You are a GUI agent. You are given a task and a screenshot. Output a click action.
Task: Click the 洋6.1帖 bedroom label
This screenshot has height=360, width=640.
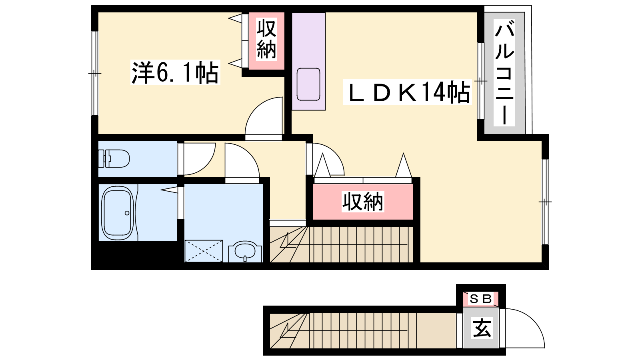pyautogui.click(x=175, y=72)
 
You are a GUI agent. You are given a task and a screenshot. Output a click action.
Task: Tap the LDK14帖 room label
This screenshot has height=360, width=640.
pyautogui.click(x=408, y=92)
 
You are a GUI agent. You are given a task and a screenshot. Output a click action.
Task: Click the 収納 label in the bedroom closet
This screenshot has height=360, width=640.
pyautogui.click(x=266, y=38)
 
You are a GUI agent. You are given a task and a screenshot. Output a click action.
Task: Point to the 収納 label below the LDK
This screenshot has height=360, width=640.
pyautogui.click(x=363, y=202)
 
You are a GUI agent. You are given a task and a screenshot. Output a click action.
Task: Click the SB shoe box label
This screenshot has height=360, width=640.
pyautogui.click(x=480, y=299)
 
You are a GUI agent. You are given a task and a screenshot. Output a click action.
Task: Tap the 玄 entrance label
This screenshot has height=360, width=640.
pyautogui.click(x=482, y=328)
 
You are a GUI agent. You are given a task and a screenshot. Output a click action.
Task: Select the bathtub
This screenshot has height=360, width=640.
pyautogui.click(x=118, y=213)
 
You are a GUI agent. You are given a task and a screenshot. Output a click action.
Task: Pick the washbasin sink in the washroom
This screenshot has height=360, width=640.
pyautogui.click(x=245, y=250)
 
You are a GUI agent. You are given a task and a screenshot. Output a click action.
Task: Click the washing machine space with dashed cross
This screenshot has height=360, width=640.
pyautogui.click(x=204, y=251)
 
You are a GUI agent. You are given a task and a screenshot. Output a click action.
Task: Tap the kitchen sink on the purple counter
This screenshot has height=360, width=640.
pyautogui.click(x=308, y=84)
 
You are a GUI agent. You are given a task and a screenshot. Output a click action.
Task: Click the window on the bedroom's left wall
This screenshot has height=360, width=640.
pyautogui.click(x=95, y=73)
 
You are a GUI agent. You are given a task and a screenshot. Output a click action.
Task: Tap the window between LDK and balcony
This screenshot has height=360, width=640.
pyautogui.click(x=481, y=81)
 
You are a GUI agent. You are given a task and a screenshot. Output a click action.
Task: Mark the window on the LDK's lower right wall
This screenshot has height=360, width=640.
pyautogui.click(x=545, y=202)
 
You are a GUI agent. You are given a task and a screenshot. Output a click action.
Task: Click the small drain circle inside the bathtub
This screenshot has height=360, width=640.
pyautogui.click(x=127, y=213)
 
